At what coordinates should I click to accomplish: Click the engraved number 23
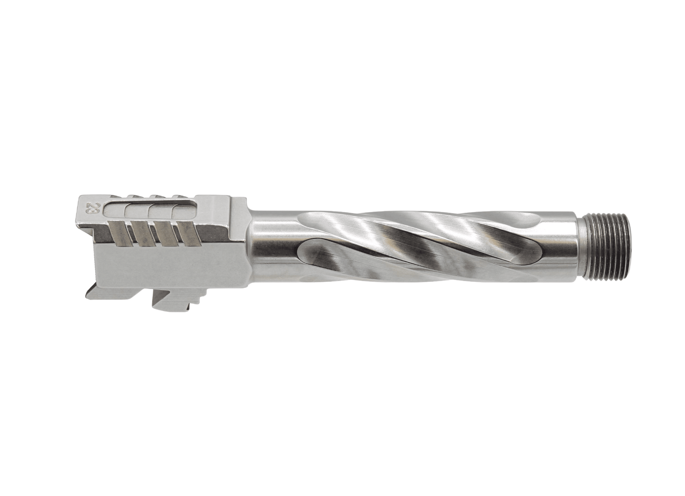click(91, 208)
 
